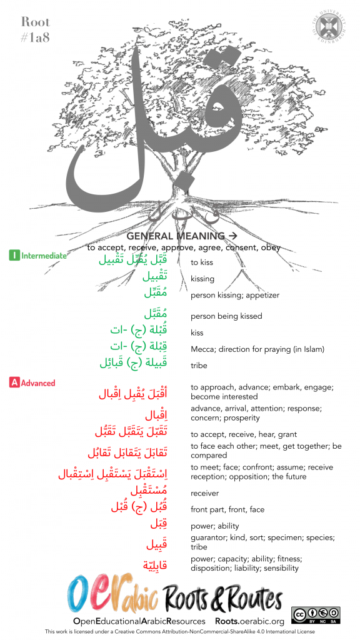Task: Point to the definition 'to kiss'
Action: point(202,262)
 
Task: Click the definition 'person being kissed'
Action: point(226,316)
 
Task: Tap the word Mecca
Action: point(202,349)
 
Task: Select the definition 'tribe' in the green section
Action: point(199,366)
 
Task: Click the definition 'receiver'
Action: point(204,493)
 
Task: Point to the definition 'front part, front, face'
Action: point(227,509)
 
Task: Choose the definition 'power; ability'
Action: point(214,526)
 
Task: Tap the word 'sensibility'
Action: point(281,568)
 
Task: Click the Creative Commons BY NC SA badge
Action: point(316,615)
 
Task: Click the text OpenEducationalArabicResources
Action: point(139,621)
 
